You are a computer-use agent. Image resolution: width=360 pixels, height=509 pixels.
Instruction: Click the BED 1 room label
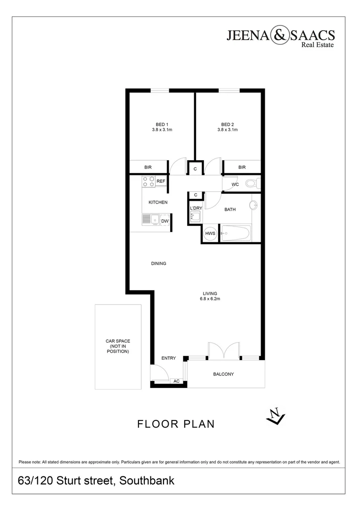(162, 124)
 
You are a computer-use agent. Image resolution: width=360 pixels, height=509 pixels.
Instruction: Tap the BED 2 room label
(228, 124)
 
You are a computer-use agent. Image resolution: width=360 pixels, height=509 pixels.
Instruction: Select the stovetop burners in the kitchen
(148, 181)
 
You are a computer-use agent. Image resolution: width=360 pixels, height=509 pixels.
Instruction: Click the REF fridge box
(161, 181)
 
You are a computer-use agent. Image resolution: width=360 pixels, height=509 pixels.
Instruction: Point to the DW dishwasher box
(165, 221)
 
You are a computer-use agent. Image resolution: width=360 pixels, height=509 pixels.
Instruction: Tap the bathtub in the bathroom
(236, 233)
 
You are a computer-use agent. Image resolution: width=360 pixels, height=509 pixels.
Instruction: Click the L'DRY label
(196, 208)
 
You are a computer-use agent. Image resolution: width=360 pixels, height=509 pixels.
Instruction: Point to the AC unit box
(177, 381)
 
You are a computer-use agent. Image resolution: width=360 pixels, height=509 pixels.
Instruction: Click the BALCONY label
(223, 374)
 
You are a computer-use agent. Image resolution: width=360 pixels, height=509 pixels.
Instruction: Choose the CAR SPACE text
(118, 341)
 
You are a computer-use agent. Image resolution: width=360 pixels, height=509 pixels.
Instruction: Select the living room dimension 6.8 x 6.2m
(210, 299)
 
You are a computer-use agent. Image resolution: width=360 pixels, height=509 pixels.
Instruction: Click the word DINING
(159, 263)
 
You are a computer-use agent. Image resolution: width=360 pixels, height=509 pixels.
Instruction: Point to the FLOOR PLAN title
(176, 424)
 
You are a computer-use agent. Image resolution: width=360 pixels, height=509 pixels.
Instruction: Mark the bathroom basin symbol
(254, 205)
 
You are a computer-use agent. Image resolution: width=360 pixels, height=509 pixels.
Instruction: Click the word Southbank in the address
(147, 481)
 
